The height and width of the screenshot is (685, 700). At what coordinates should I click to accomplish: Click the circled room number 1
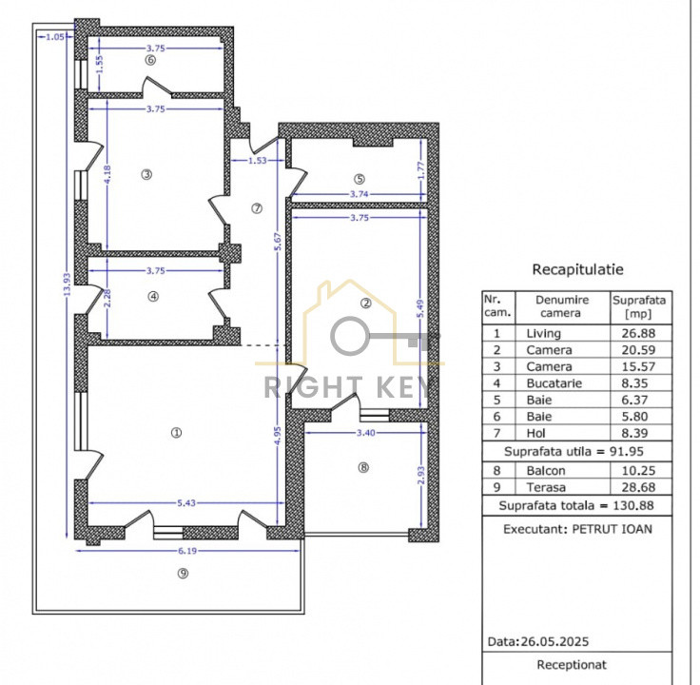point(175,432)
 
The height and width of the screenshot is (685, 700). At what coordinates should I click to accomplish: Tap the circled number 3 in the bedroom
point(146,174)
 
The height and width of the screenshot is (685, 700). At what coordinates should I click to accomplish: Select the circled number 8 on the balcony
point(362,467)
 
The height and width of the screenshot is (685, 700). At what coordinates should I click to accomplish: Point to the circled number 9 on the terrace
point(183,572)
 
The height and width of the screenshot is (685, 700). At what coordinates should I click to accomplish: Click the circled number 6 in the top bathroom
point(148,60)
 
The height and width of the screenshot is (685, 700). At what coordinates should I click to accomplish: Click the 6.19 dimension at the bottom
point(183,551)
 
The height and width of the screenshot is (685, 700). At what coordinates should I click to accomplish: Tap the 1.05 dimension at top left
point(54,37)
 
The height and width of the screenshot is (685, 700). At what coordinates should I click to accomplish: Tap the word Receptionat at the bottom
point(572,665)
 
